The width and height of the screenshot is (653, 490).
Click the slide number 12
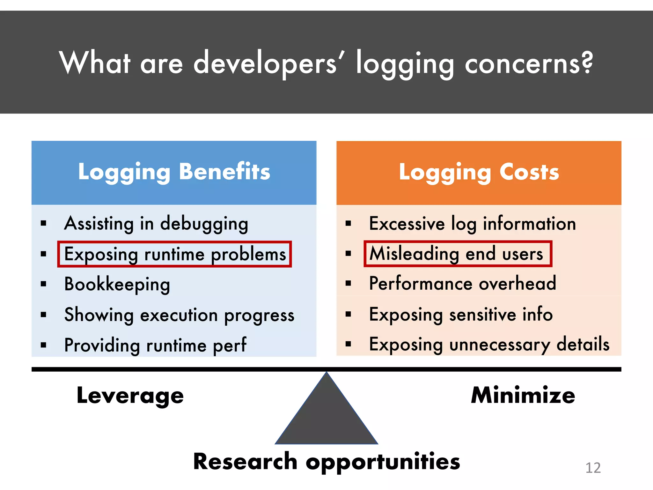[593, 468]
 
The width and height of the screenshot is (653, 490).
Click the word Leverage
[130, 396]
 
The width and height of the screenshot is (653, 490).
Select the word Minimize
[523, 395]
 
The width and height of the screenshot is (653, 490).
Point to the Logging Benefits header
[174, 172]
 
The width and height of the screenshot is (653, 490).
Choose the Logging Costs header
[479, 172]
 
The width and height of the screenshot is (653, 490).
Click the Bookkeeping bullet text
[117, 284]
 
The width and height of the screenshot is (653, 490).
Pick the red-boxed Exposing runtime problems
[175, 254]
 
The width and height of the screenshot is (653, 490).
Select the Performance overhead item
[462, 283]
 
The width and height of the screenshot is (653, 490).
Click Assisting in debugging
[156, 224]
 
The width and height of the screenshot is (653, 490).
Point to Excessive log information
[472, 224]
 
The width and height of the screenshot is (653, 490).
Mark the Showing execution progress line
[179, 315]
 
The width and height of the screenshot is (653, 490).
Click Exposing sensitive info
[461, 315]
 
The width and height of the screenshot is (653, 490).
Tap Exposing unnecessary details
[489, 345]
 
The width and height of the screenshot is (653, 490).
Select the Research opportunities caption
[326, 462]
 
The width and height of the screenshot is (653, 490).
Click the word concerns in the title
[529, 63]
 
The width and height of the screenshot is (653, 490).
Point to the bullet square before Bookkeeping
[44, 284]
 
